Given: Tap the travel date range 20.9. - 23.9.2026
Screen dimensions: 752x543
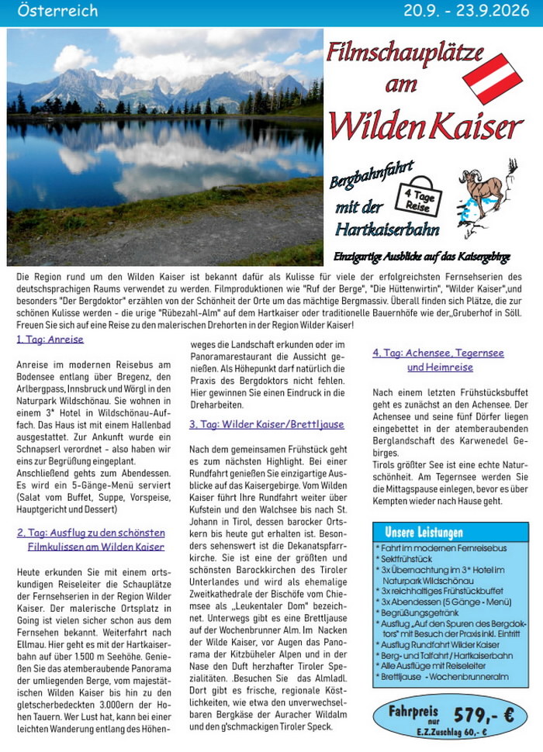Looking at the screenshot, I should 468,11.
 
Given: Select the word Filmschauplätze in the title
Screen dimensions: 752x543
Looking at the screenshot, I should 404,53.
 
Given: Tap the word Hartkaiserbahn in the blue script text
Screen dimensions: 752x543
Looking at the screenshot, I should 387,229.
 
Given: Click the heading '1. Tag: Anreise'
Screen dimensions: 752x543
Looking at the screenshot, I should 50,340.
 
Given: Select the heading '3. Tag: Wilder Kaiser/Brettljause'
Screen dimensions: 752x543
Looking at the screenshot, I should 266,425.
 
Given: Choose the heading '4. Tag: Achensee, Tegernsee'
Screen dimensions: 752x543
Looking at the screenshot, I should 438,353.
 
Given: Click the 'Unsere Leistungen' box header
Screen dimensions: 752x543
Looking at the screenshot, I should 424,533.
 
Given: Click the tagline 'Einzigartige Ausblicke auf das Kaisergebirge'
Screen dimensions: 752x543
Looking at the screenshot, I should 421,257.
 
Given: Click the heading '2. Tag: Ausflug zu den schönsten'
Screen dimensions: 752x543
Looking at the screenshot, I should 91,533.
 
